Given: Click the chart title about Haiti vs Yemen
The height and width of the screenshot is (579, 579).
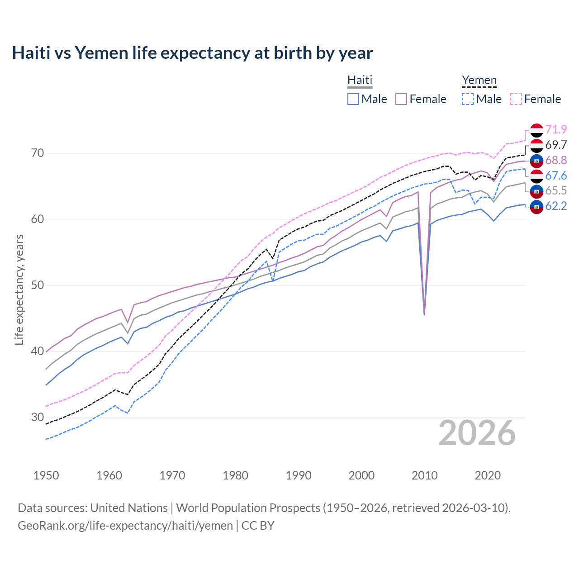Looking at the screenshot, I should point(192,53).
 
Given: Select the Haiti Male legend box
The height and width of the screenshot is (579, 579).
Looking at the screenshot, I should point(353,99).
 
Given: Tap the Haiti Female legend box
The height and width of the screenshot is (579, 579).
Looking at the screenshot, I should point(401,99).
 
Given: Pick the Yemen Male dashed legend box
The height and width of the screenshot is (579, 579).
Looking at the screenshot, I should point(468,99).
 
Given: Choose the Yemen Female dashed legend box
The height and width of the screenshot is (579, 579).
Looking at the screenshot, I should point(516,99).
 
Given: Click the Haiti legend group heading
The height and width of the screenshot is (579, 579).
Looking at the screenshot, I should point(360,80).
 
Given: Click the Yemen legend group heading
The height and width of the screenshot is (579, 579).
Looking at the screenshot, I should point(479,80).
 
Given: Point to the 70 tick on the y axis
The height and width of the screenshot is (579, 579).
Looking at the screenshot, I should point(38,153).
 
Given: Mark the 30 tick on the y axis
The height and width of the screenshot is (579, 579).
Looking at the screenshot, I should point(38,417).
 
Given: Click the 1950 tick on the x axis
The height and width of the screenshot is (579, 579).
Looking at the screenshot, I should point(46,475).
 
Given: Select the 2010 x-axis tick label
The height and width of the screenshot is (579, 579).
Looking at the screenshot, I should point(424,475).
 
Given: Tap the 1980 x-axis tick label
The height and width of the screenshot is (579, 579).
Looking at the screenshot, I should point(235,475).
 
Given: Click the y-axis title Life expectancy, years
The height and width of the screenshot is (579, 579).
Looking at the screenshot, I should point(19,289).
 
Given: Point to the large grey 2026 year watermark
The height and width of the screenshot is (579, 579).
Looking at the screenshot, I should point(477,433).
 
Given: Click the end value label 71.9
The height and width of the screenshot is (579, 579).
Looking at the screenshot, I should point(556,129).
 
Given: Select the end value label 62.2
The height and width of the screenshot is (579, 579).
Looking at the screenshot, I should point(556,206).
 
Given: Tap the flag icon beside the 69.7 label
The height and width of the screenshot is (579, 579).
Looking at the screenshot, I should point(536,145).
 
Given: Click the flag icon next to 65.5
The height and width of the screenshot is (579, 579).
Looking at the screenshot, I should point(536,191).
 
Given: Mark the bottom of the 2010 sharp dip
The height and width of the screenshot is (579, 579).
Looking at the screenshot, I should point(424,314).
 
